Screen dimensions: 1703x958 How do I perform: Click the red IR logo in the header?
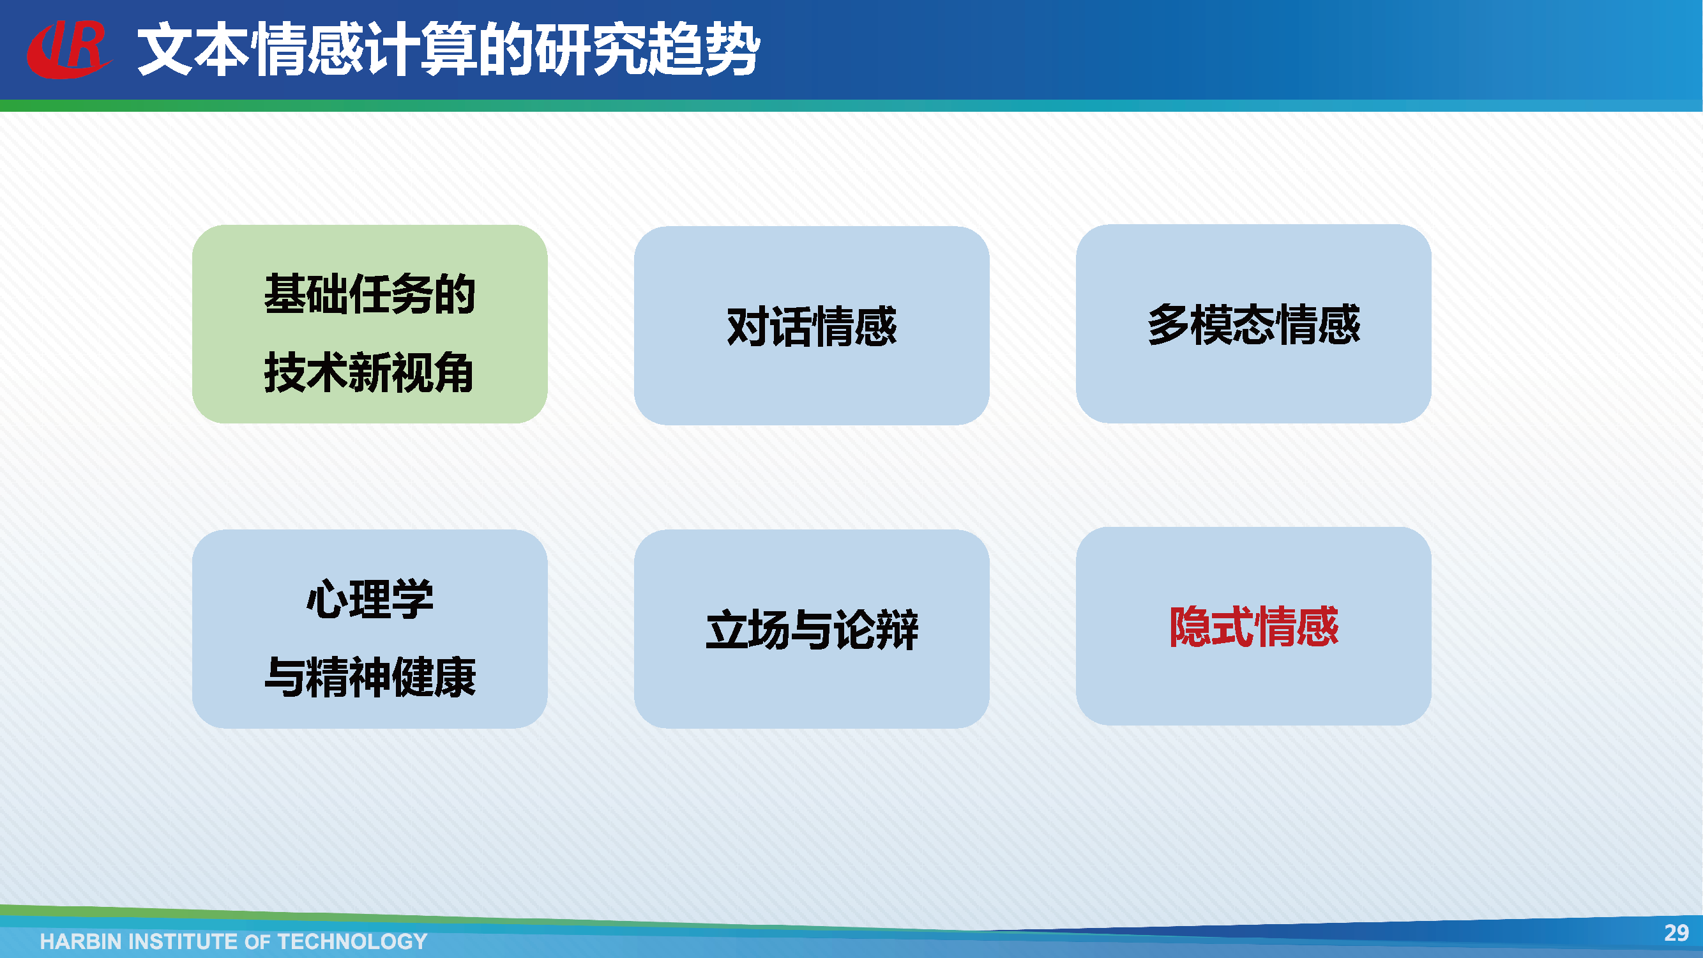point(68,49)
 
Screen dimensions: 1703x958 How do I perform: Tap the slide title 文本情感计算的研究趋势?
point(448,49)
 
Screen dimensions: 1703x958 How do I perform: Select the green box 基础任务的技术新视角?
point(370,324)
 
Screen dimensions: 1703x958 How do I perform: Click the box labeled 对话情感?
point(811,325)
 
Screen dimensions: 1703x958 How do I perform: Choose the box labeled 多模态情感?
point(1253,323)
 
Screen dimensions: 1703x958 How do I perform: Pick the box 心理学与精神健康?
point(370,628)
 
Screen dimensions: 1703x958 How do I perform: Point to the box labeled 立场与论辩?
point(811,628)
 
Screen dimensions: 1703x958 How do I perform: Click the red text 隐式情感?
point(1253,626)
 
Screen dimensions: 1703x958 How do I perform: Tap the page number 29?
point(1676,932)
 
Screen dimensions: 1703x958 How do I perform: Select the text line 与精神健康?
point(370,677)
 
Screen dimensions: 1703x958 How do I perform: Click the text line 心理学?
point(370,598)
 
